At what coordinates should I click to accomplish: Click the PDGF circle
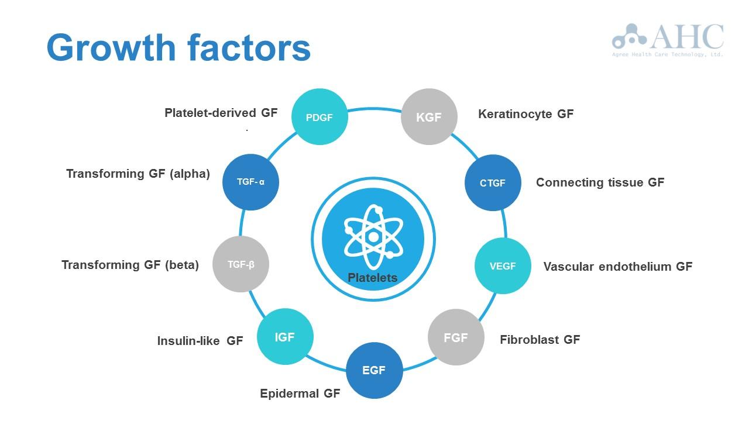[x=319, y=117]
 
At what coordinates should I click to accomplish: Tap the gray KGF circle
[x=428, y=117]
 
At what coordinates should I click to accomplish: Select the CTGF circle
[x=493, y=182]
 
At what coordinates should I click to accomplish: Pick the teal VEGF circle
[x=503, y=266]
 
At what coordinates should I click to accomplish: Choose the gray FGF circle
[x=456, y=337]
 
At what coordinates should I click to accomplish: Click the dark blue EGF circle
[x=374, y=370]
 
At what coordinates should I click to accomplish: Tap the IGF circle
[x=285, y=337]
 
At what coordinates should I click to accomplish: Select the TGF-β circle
[x=240, y=264]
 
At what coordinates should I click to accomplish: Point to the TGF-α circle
[x=250, y=182]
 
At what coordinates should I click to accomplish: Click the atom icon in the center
[x=373, y=234]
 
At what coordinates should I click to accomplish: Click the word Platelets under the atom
[x=373, y=278]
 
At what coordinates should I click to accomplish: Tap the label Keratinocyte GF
[x=525, y=114]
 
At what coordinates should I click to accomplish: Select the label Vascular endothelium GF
[x=617, y=267]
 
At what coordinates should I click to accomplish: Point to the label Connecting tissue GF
[x=600, y=182]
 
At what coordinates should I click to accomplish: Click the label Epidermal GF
[x=300, y=394]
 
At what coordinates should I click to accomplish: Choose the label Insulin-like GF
[x=200, y=341]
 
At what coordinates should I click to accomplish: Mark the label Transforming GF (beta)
[x=130, y=265]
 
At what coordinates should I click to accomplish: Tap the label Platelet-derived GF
[x=221, y=113]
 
